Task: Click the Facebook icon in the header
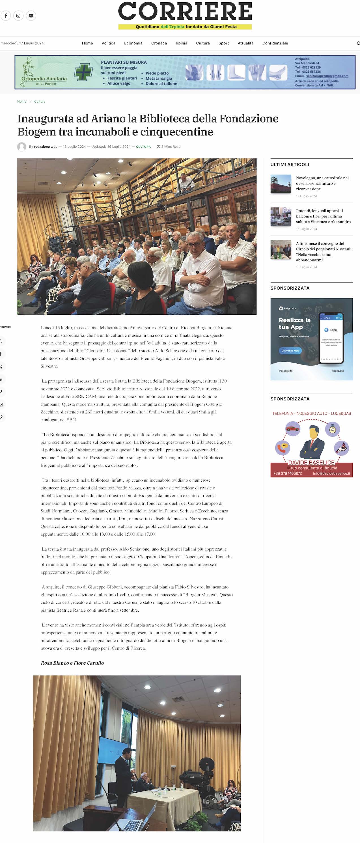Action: [x=6, y=16]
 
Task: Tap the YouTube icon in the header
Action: [x=31, y=16]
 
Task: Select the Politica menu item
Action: [x=108, y=43]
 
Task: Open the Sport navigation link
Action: [x=223, y=43]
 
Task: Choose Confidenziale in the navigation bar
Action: [x=275, y=43]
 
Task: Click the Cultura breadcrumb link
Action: [x=40, y=102]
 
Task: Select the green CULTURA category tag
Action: [x=143, y=146]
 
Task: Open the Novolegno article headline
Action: [x=322, y=183]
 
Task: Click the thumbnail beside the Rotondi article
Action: [x=281, y=217]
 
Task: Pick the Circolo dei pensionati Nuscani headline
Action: [x=323, y=252]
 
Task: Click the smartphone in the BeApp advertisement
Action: [x=331, y=338]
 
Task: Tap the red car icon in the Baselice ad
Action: [x=293, y=428]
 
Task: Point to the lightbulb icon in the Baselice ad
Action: [x=333, y=428]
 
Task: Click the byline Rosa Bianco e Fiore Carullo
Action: [x=72, y=663]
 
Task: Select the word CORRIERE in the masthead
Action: [x=185, y=12]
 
